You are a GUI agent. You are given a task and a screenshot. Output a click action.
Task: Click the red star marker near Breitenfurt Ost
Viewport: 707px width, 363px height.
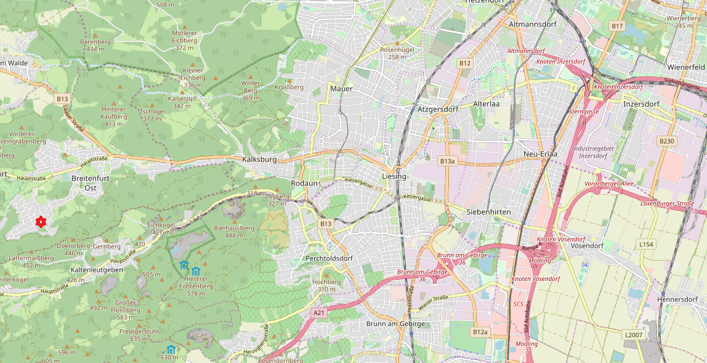tap(41, 221)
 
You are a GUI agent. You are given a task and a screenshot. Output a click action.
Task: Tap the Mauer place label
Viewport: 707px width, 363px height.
tap(341, 89)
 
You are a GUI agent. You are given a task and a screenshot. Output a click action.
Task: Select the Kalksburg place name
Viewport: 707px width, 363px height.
tap(259, 159)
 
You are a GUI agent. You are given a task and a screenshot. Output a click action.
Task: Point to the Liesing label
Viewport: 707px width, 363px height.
tap(394, 176)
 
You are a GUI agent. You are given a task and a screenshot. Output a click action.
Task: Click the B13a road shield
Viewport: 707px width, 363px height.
tap(448, 161)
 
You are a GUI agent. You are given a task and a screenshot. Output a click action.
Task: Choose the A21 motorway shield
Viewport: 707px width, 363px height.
tap(318, 313)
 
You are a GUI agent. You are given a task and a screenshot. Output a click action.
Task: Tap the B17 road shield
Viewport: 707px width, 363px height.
tap(617, 26)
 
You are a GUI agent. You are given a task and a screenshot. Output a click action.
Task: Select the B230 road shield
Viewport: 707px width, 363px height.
tap(667, 141)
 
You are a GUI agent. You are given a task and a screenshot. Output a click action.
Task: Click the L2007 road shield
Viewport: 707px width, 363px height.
tap(633, 335)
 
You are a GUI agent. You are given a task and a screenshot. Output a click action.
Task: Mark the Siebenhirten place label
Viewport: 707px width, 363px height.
tap(488, 211)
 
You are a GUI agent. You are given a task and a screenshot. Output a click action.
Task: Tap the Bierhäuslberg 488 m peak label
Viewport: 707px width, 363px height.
tap(234, 231)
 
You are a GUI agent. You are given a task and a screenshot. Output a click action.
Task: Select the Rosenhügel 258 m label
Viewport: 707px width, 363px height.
tap(398, 53)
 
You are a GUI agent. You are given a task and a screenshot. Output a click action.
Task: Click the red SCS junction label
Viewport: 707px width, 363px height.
tap(518, 304)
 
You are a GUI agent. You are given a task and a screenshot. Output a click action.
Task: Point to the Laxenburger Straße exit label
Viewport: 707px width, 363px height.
tap(667, 206)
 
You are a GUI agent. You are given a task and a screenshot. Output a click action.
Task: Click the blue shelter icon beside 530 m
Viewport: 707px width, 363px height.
tap(171, 349)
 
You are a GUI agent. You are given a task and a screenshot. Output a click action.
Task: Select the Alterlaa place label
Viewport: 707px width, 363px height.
tap(486, 104)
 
